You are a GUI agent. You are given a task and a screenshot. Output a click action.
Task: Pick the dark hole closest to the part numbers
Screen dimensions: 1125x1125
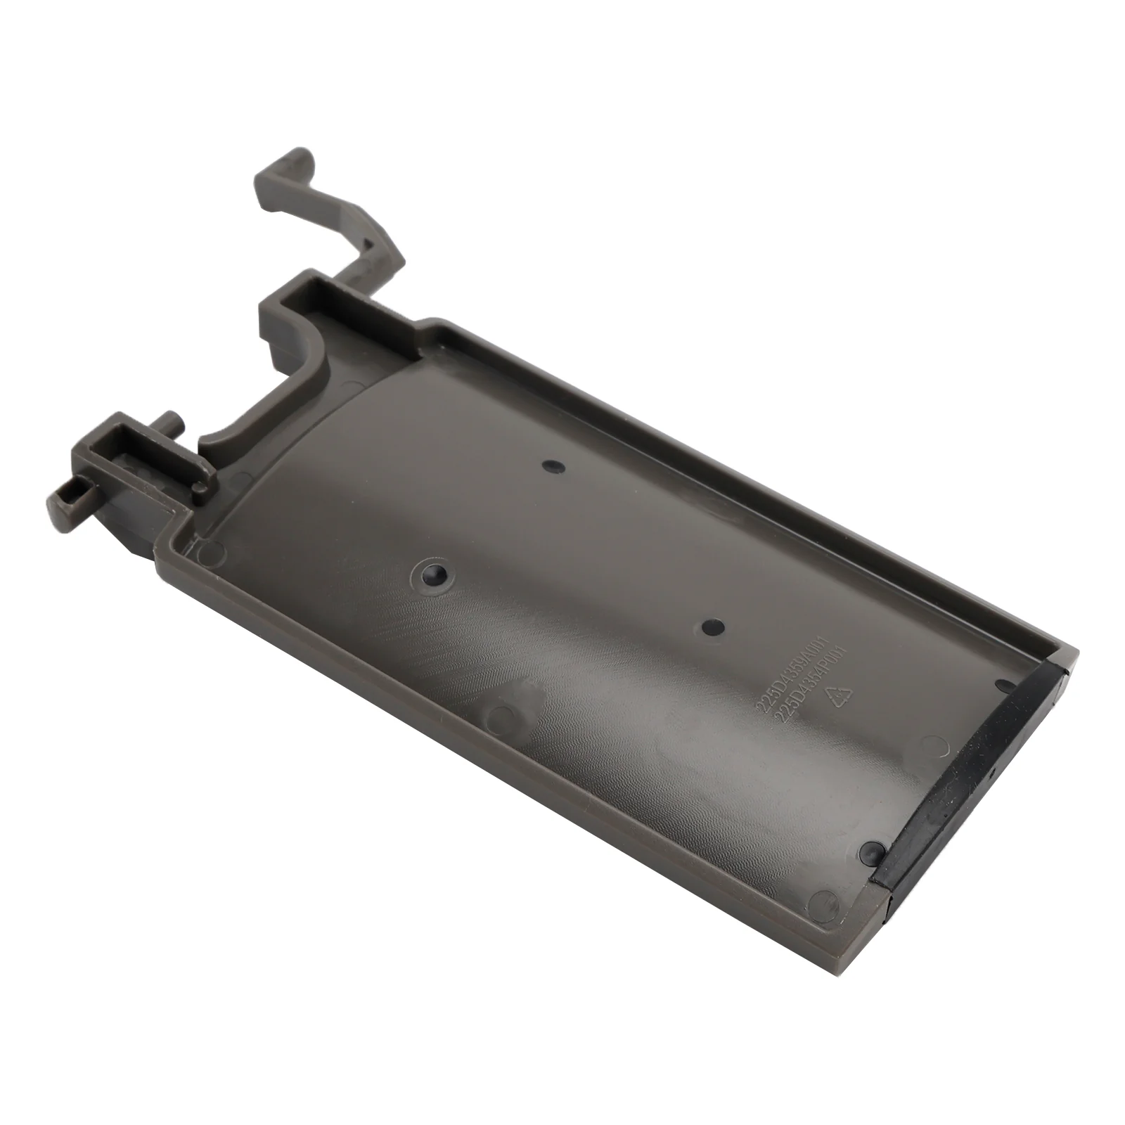(713, 625)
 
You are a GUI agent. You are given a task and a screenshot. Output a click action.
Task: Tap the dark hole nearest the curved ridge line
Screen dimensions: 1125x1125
(554, 465)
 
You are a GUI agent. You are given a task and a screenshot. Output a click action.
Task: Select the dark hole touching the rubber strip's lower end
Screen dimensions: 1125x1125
(873, 851)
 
